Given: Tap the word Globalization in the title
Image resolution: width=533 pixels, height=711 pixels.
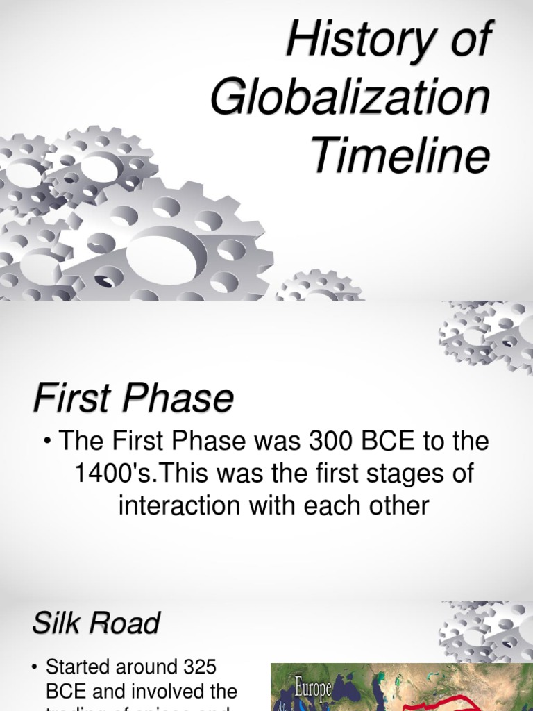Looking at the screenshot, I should click(350, 99).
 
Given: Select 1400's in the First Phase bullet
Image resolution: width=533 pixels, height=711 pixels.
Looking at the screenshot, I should click(114, 474).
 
